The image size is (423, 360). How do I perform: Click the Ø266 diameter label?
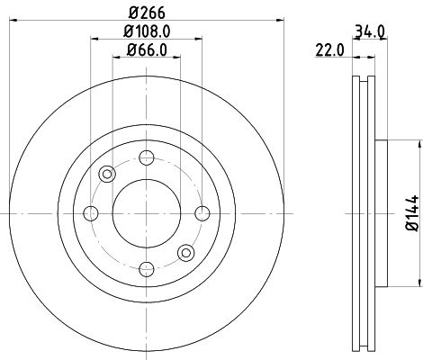(145, 11)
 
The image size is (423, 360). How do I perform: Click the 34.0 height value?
(371, 30)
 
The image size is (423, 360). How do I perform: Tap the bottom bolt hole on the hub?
(145, 268)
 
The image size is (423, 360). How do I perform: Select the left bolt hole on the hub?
(90, 212)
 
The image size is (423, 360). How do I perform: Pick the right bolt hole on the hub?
(202, 212)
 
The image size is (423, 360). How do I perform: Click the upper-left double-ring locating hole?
(107, 174)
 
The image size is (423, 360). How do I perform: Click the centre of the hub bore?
(145, 212)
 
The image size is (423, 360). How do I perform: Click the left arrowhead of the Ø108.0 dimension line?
(93, 39)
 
